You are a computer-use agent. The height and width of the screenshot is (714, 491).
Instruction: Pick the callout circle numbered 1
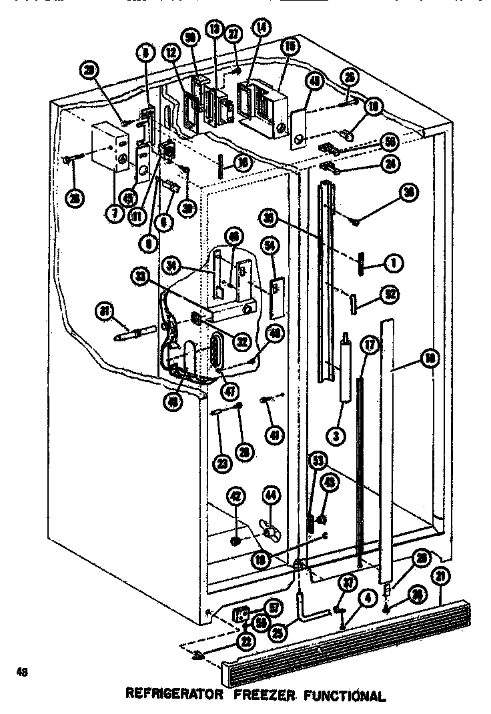click(x=394, y=263)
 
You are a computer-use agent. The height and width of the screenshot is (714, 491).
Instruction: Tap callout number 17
click(x=367, y=345)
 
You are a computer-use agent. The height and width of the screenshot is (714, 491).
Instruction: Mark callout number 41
click(x=274, y=435)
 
